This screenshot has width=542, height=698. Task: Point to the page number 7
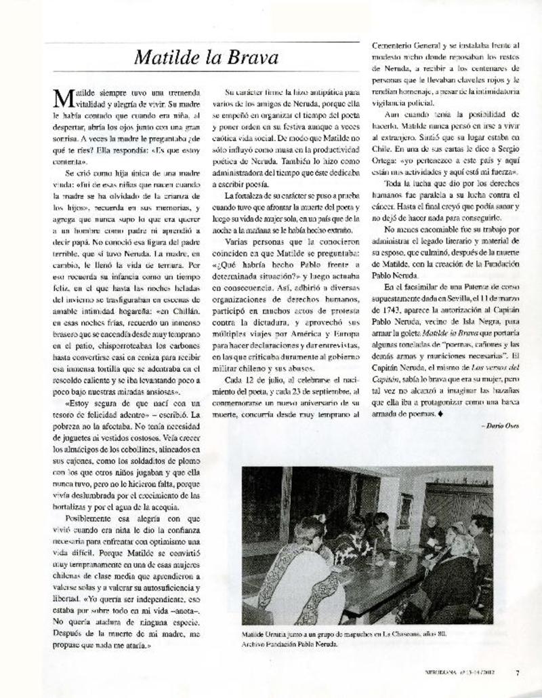pyautogui.click(x=517, y=673)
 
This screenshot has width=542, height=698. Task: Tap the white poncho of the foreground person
pyautogui.click(x=298, y=583)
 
